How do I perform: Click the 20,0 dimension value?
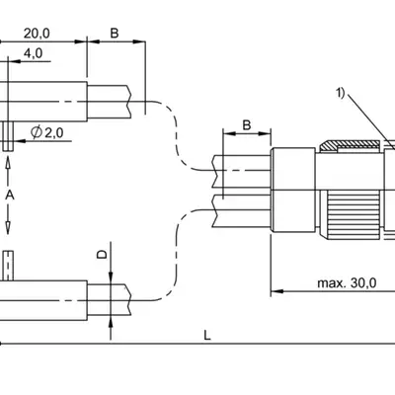point(37,34)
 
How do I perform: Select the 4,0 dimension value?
point(33,53)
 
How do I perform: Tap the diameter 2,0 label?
point(47,132)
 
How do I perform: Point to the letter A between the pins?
point(10,196)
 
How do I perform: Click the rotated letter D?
point(103,254)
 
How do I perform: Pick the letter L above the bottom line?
point(207,336)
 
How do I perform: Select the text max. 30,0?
point(347,282)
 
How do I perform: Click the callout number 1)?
point(340,93)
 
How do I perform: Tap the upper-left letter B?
point(115,34)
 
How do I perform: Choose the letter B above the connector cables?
point(247,125)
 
